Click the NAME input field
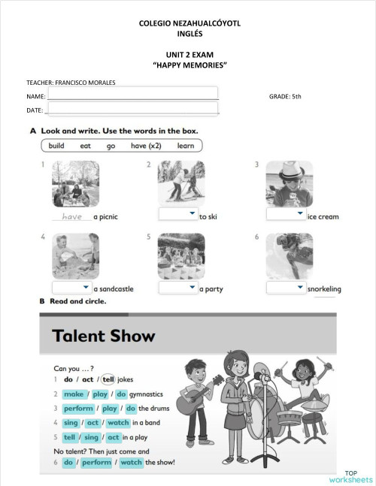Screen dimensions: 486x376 coord(133,95)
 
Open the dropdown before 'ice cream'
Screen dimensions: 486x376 coord(287,215)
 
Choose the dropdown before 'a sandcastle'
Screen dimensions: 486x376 coord(71,288)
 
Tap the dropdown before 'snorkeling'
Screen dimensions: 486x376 coord(287,288)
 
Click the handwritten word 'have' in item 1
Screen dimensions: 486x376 coord(72,216)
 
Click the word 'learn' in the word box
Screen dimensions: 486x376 coord(186,146)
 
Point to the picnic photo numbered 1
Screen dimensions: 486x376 coord(75,185)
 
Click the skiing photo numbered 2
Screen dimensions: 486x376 coord(181,183)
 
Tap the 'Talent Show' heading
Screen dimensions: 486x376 coord(104,336)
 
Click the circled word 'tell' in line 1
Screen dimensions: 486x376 coord(108,379)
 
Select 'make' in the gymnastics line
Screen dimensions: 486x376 coord(74,394)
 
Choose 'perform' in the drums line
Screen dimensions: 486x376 coord(78,408)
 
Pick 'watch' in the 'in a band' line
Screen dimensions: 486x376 coord(118,422)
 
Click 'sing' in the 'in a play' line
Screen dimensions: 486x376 coord(91,437)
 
